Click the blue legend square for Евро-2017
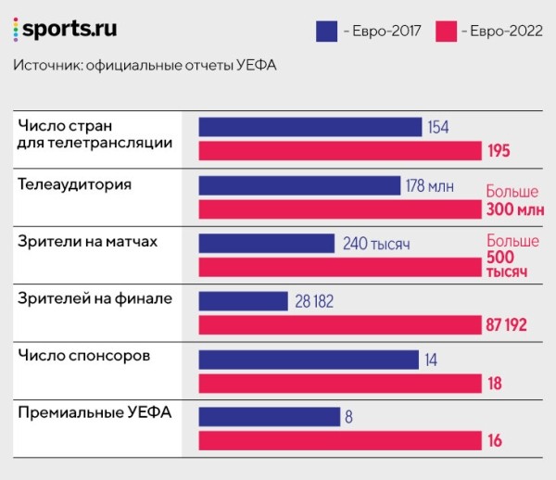pos(326,31)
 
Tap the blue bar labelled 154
pos(310,127)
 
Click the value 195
pos(499,151)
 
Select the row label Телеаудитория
pos(75,184)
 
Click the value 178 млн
pos(430,186)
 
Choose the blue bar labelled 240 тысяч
pos(267,244)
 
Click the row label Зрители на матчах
pos(88,242)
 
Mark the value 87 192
pos(508,325)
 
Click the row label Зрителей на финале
pos(95,299)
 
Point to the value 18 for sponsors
pos(495,384)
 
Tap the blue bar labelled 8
pos(269,417)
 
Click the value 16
pos(495,441)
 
